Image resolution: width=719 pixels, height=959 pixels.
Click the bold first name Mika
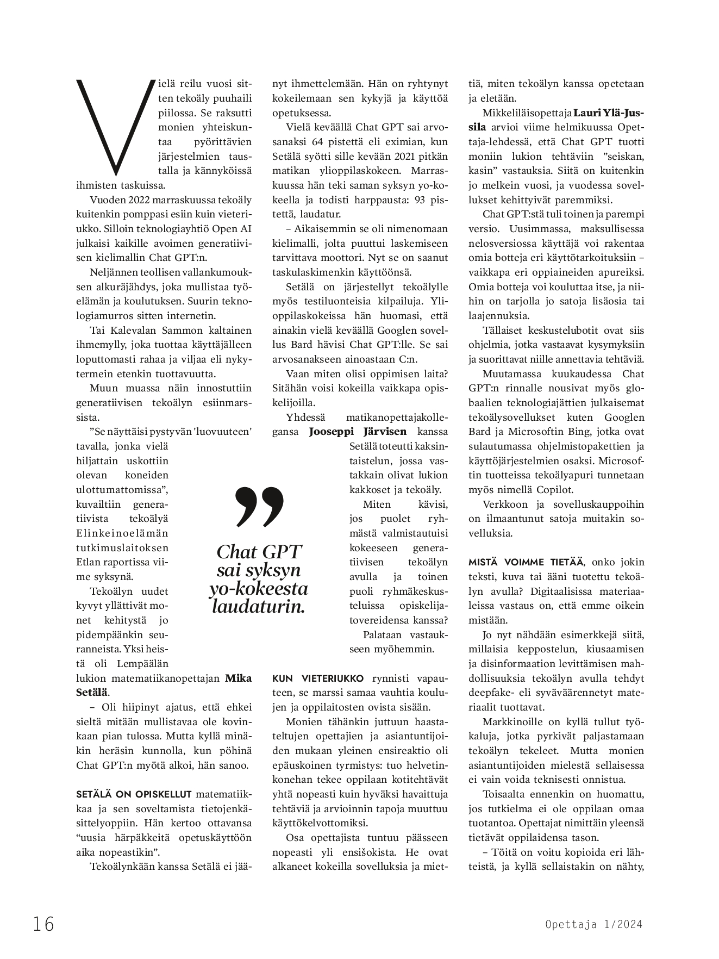pyautogui.click(x=238, y=678)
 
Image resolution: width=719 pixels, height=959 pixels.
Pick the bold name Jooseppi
pyautogui.click(x=332, y=432)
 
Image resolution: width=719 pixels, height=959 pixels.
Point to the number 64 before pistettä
pyautogui.click(x=318, y=142)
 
